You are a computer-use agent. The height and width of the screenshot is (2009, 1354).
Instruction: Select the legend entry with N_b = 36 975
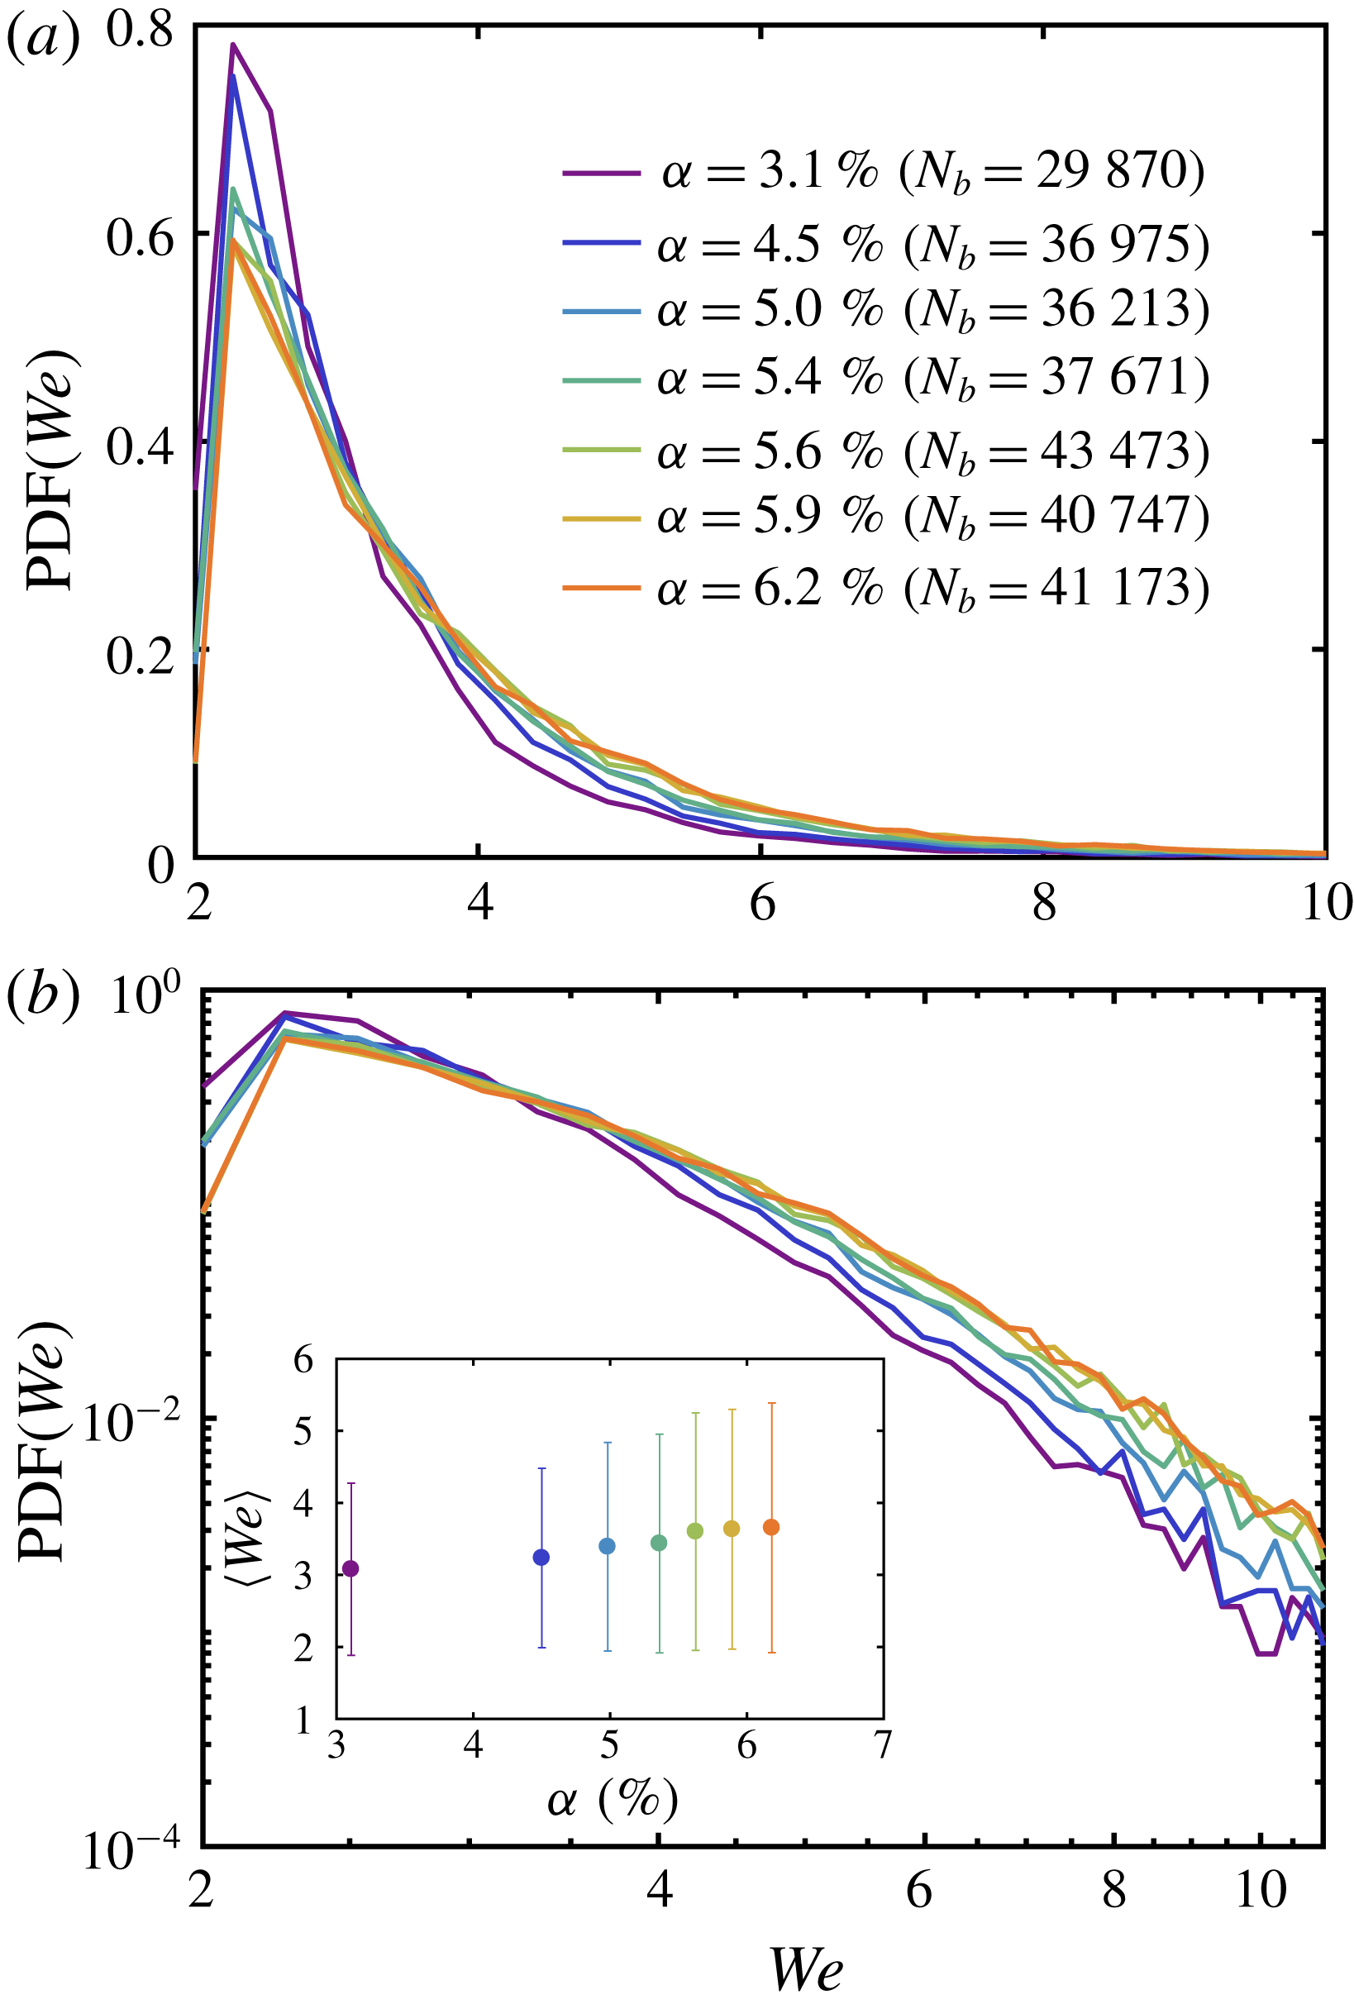[x=885, y=246]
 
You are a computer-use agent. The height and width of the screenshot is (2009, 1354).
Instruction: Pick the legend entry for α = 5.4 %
[x=885, y=379]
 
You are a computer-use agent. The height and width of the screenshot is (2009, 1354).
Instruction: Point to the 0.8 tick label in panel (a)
[x=139, y=31]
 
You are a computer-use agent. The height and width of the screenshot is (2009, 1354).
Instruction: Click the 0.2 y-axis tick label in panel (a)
[x=139, y=656]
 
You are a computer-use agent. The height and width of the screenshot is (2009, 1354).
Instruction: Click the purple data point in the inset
[x=350, y=1568]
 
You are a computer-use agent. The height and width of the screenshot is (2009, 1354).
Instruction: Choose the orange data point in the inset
[x=771, y=1527]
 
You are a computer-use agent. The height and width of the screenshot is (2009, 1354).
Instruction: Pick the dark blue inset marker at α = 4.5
[x=541, y=1558]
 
